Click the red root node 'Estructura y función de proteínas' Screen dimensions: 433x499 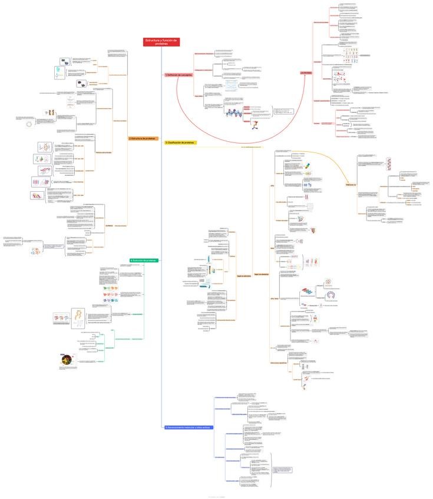pyautogui.click(x=161, y=42)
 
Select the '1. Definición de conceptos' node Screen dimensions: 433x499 pyautogui.click(x=179, y=75)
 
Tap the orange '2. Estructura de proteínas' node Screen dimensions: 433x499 pyautogui.click(x=143, y=139)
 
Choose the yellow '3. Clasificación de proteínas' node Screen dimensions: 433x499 pyautogui.click(x=180, y=142)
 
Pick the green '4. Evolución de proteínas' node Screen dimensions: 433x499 pyautogui.click(x=144, y=261)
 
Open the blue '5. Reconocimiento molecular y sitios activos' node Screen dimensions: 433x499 pyautogui.click(x=187, y=427)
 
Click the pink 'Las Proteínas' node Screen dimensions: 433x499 pyautogui.click(x=306, y=72)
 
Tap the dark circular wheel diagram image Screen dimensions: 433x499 pyautogui.click(x=68, y=360)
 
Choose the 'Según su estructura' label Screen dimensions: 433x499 pyautogui.click(x=244, y=275)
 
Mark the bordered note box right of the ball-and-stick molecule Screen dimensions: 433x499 pyautogui.click(x=282, y=112)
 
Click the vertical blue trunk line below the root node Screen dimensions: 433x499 pyautogui.click(x=161, y=235)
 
